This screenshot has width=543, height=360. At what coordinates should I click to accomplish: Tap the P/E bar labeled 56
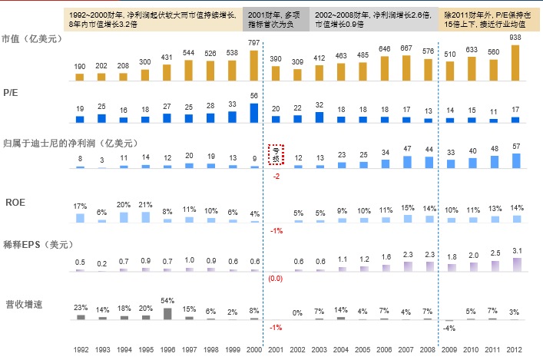pyautogui.click(x=254, y=113)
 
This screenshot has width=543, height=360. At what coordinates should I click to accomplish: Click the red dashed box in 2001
pyautogui.click(x=276, y=155)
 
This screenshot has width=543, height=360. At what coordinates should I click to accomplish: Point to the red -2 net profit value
pyautogui.click(x=276, y=177)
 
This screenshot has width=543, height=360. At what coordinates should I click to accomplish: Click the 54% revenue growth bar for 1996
pyautogui.click(x=167, y=314)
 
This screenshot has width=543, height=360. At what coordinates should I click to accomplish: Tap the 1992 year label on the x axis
pyautogui.click(x=80, y=348)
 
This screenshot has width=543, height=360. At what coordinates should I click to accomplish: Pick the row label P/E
pyautogui.click(x=10, y=92)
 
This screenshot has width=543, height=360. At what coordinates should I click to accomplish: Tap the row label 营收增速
pyautogui.click(x=23, y=304)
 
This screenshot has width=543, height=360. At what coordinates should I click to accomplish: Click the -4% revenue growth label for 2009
pyautogui.click(x=450, y=329)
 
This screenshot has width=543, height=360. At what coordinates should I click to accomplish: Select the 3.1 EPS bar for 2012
pyautogui.click(x=515, y=264)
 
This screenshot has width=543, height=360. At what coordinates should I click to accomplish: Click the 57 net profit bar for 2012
pyautogui.click(x=515, y=160)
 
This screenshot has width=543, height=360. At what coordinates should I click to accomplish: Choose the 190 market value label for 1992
pyautogui.click(x=80, y=67)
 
